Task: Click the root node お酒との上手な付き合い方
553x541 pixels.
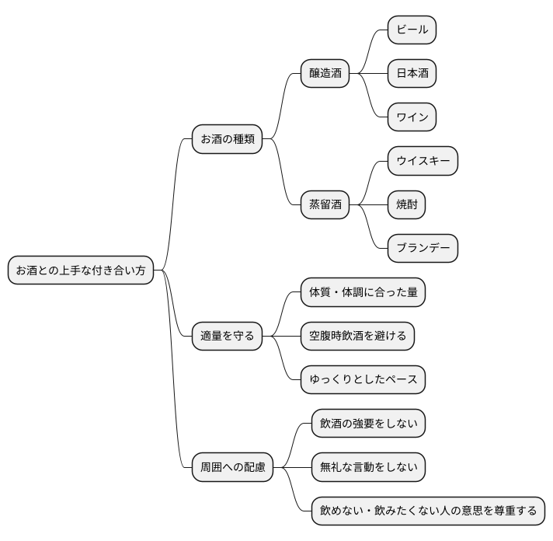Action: [81, 270]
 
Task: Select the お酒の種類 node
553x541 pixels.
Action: [228, 140]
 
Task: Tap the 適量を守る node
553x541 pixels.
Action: [228, 337]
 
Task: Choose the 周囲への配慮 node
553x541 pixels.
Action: [233, 467]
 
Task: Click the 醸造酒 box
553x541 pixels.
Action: [325, 74]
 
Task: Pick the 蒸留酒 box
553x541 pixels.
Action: [325, 205]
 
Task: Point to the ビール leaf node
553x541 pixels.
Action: [412, 30]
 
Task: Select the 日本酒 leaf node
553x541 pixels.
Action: [412, 74]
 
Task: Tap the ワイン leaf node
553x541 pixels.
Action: [412, 117]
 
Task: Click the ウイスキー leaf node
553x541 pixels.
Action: [423, 161]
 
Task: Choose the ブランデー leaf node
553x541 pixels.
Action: [423, 249]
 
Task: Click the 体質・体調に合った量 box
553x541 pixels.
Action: [363, 292]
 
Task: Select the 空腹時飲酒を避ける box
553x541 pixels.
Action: [358, 337]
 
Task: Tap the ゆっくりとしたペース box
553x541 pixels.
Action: [363, 380]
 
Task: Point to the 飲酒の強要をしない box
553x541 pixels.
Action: [368, 424]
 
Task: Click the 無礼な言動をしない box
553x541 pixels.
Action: [368, 467]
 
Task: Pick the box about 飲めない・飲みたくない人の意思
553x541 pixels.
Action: [428, 511]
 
